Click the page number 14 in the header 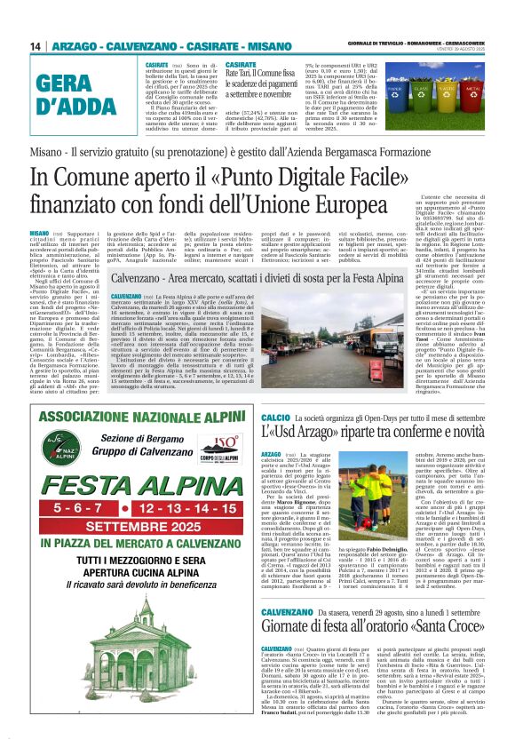click(x=36, y=46)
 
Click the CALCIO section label click(x=276, y=418)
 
